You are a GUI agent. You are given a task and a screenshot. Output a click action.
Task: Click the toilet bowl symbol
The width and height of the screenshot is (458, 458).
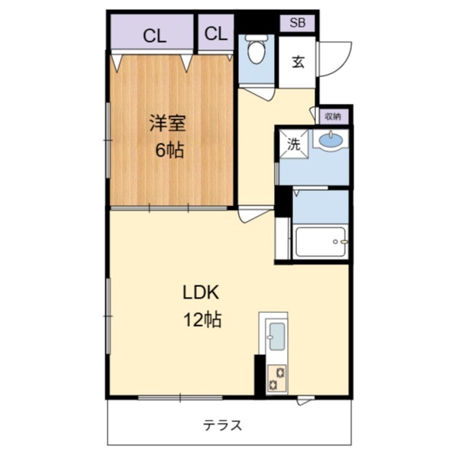click(256, 49)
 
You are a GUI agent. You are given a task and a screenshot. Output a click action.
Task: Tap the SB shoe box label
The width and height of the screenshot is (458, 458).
click(298, 23)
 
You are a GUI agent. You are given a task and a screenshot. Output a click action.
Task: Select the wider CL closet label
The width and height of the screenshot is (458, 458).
click(154, 36)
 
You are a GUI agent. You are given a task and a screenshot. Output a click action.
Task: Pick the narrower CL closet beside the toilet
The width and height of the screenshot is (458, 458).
click(216, 32)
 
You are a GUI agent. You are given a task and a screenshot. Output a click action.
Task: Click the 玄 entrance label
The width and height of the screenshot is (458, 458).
click(298, 62)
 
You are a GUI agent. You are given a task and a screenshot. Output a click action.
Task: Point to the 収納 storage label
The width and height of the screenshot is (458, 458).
click(333, 117)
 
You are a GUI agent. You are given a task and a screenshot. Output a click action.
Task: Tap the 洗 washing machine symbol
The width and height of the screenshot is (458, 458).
click(294, 144)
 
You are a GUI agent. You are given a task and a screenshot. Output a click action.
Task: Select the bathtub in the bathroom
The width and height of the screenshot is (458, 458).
click(321, 242)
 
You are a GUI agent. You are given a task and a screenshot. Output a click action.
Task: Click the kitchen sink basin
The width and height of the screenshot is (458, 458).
click(277, 336)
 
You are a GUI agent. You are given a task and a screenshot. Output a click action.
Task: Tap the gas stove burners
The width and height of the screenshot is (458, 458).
click(277, 379)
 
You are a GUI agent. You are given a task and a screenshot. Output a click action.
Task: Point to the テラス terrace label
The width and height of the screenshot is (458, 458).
click(223, 425)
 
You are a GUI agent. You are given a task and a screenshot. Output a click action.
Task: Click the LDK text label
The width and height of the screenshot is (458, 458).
click(201, 292)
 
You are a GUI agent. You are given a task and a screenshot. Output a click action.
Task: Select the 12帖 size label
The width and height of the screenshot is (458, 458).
click(202, 319)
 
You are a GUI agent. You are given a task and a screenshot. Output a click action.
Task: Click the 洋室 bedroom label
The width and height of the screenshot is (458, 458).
click(167, 123)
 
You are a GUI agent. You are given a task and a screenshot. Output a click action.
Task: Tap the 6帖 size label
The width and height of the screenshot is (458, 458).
click(169, 150)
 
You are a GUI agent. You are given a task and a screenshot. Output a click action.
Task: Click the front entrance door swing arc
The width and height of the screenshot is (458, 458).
click(344, 65)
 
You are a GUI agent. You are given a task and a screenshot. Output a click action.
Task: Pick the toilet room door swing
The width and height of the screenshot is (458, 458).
click(257, 93)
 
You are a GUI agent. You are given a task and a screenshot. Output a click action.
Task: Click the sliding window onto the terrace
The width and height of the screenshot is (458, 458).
click(180, 397)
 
